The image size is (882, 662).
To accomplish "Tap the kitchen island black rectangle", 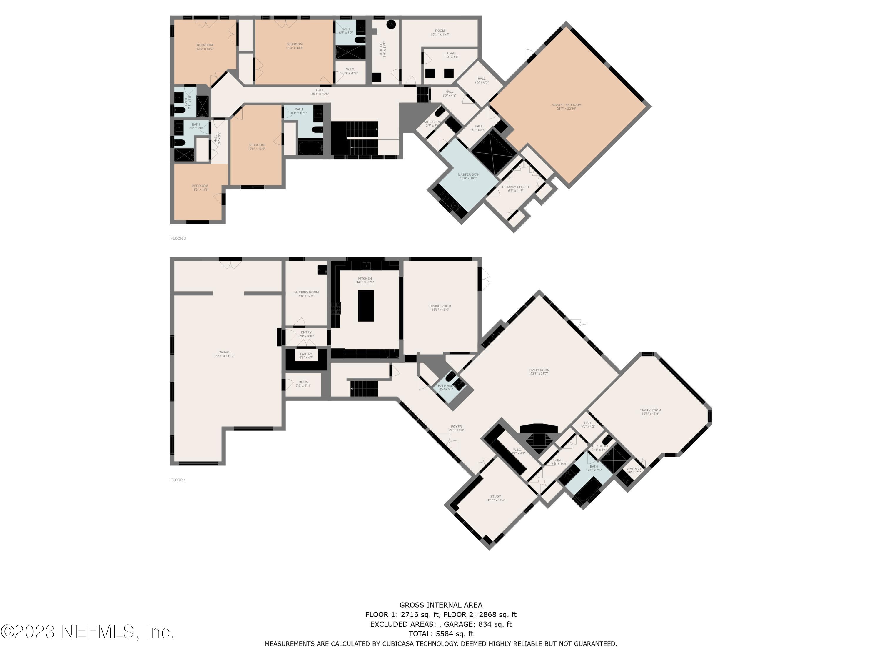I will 366,306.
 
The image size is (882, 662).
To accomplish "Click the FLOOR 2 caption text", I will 178,239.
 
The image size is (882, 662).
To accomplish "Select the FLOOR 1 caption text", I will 178,480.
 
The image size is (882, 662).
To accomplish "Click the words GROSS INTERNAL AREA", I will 441,605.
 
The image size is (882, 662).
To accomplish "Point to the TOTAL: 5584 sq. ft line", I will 441,634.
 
